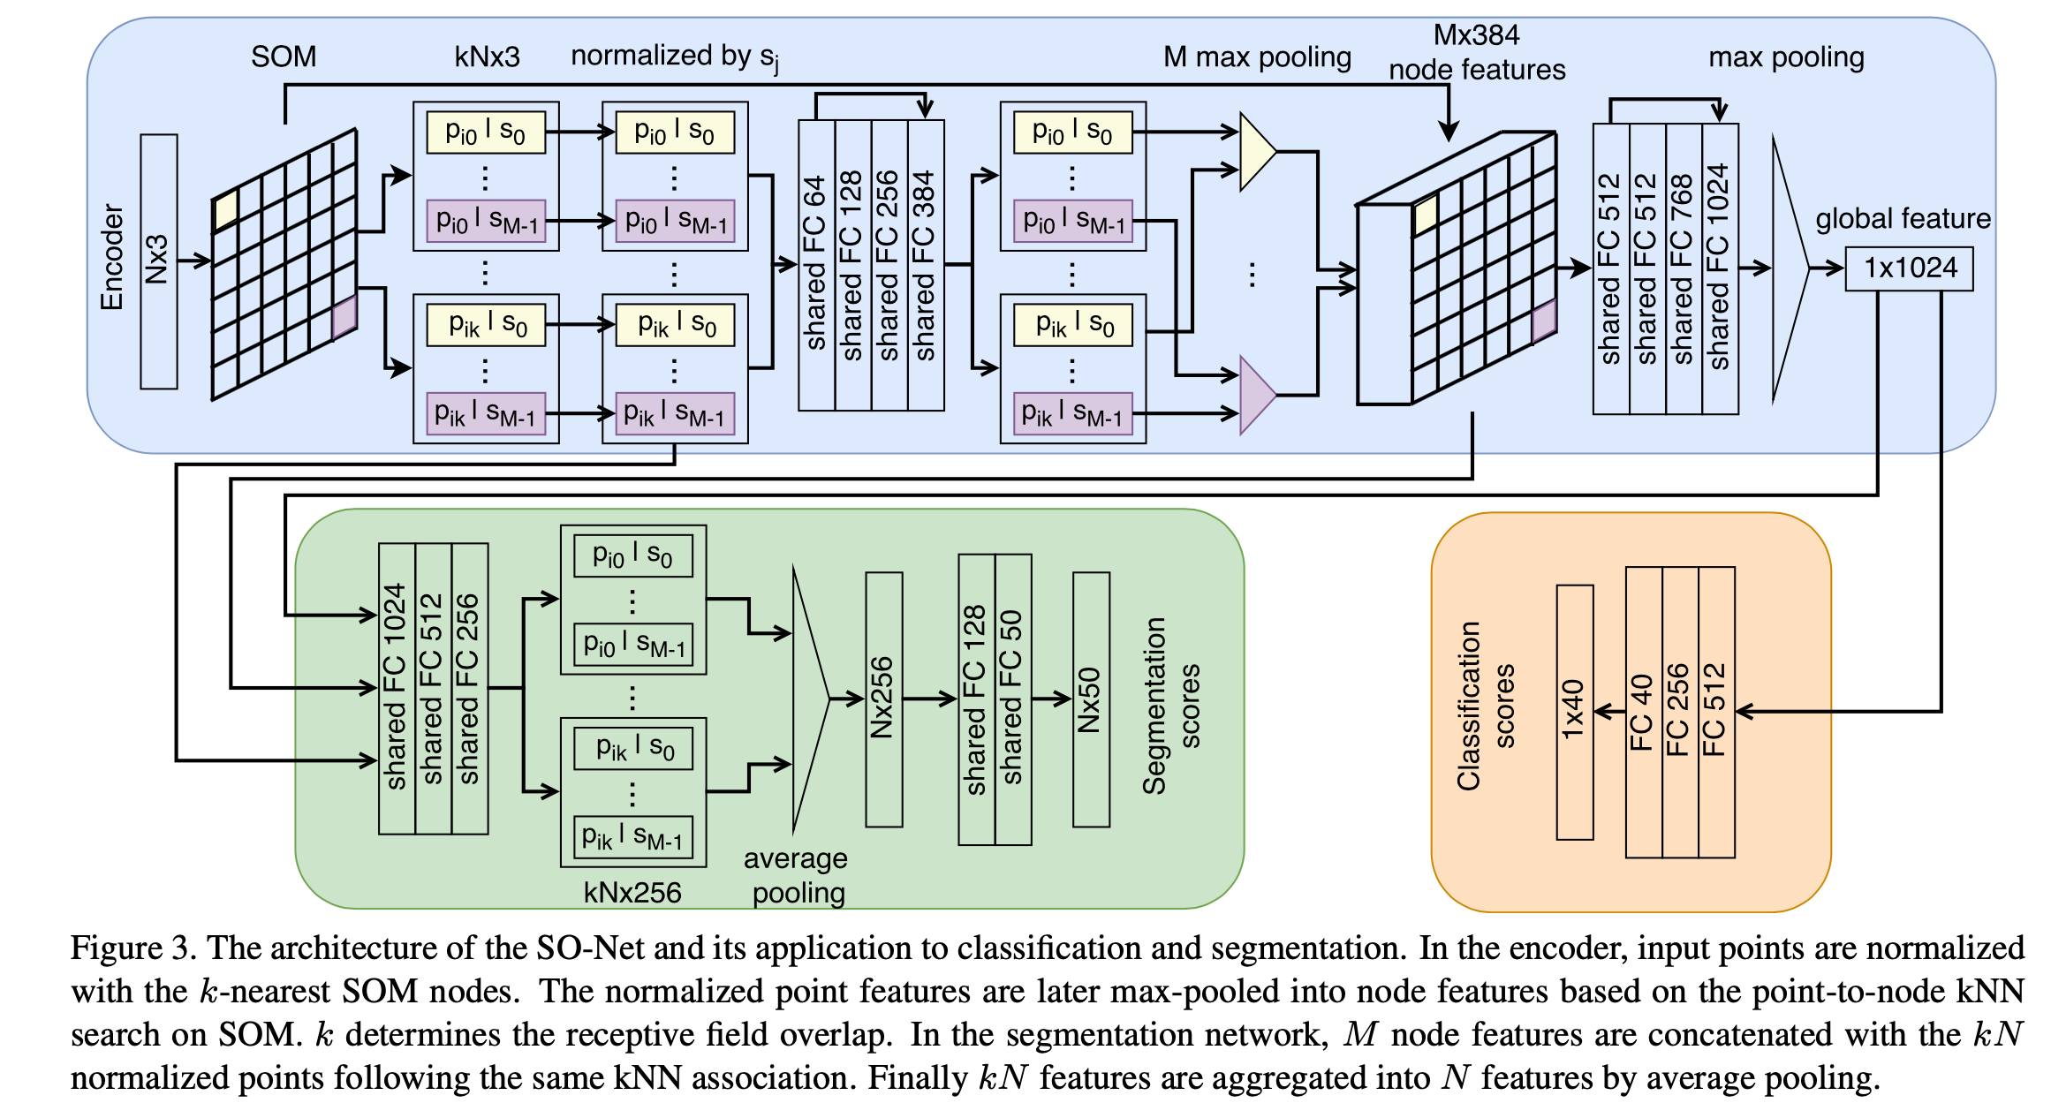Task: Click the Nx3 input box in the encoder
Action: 158,261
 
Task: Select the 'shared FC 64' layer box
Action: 816,265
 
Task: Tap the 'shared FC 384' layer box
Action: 926,265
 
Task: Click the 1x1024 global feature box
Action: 1909,268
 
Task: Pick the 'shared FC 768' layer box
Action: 1684,268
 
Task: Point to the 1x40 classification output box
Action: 1574,712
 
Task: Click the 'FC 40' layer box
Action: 1644,712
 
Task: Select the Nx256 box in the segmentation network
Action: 883,699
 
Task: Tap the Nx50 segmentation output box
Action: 1091,699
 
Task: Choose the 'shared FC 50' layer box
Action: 1013,699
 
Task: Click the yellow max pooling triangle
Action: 1256,152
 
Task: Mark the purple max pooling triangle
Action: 1256,395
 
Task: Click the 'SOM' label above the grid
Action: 284,57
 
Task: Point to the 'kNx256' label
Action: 632,893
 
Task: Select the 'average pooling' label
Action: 797,875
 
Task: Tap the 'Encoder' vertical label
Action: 112,258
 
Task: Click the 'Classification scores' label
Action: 1486,706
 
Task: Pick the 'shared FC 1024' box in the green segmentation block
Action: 397,689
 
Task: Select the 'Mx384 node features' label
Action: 1476,53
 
